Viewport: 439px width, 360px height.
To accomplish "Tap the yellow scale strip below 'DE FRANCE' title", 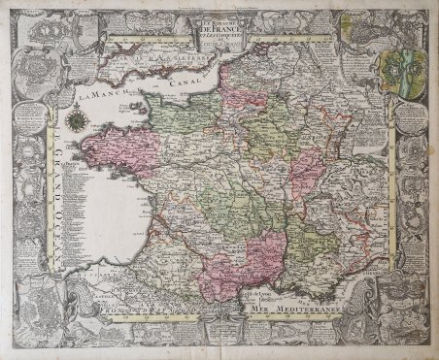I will coord(219,43).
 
